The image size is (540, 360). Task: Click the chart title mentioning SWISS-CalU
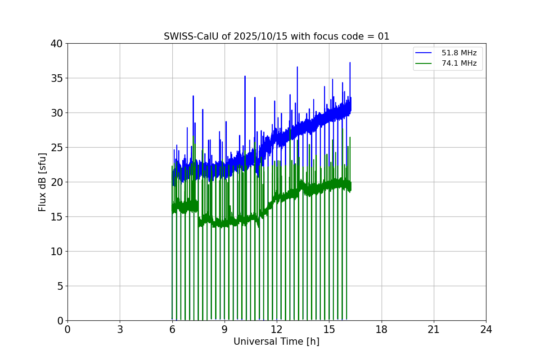pos(276,36)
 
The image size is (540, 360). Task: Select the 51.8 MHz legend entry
pos(459,53)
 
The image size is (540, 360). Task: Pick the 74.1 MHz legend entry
pos(459,63)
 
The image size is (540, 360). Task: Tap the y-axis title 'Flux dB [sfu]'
pos(42,182)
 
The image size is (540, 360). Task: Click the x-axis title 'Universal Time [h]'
pos(276,342)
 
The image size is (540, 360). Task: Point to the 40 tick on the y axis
pos(56,44)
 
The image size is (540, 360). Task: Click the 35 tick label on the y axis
pos(56,78)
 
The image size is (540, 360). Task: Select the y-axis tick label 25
pos(56,148)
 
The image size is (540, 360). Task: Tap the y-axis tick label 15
pos(56,217)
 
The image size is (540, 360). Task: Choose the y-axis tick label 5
pos(59,286)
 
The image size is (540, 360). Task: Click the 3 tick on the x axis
pos(120,329)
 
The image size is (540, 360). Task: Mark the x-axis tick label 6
pos(172,329)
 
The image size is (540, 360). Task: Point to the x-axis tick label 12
pos(277,329)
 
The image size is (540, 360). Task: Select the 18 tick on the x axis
pos(382,329)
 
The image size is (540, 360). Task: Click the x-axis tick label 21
pos(434,329)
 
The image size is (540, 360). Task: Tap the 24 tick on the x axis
pos(486,329)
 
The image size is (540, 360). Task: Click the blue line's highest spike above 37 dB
pos(350,63)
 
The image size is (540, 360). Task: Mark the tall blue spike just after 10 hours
pos(245,76)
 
